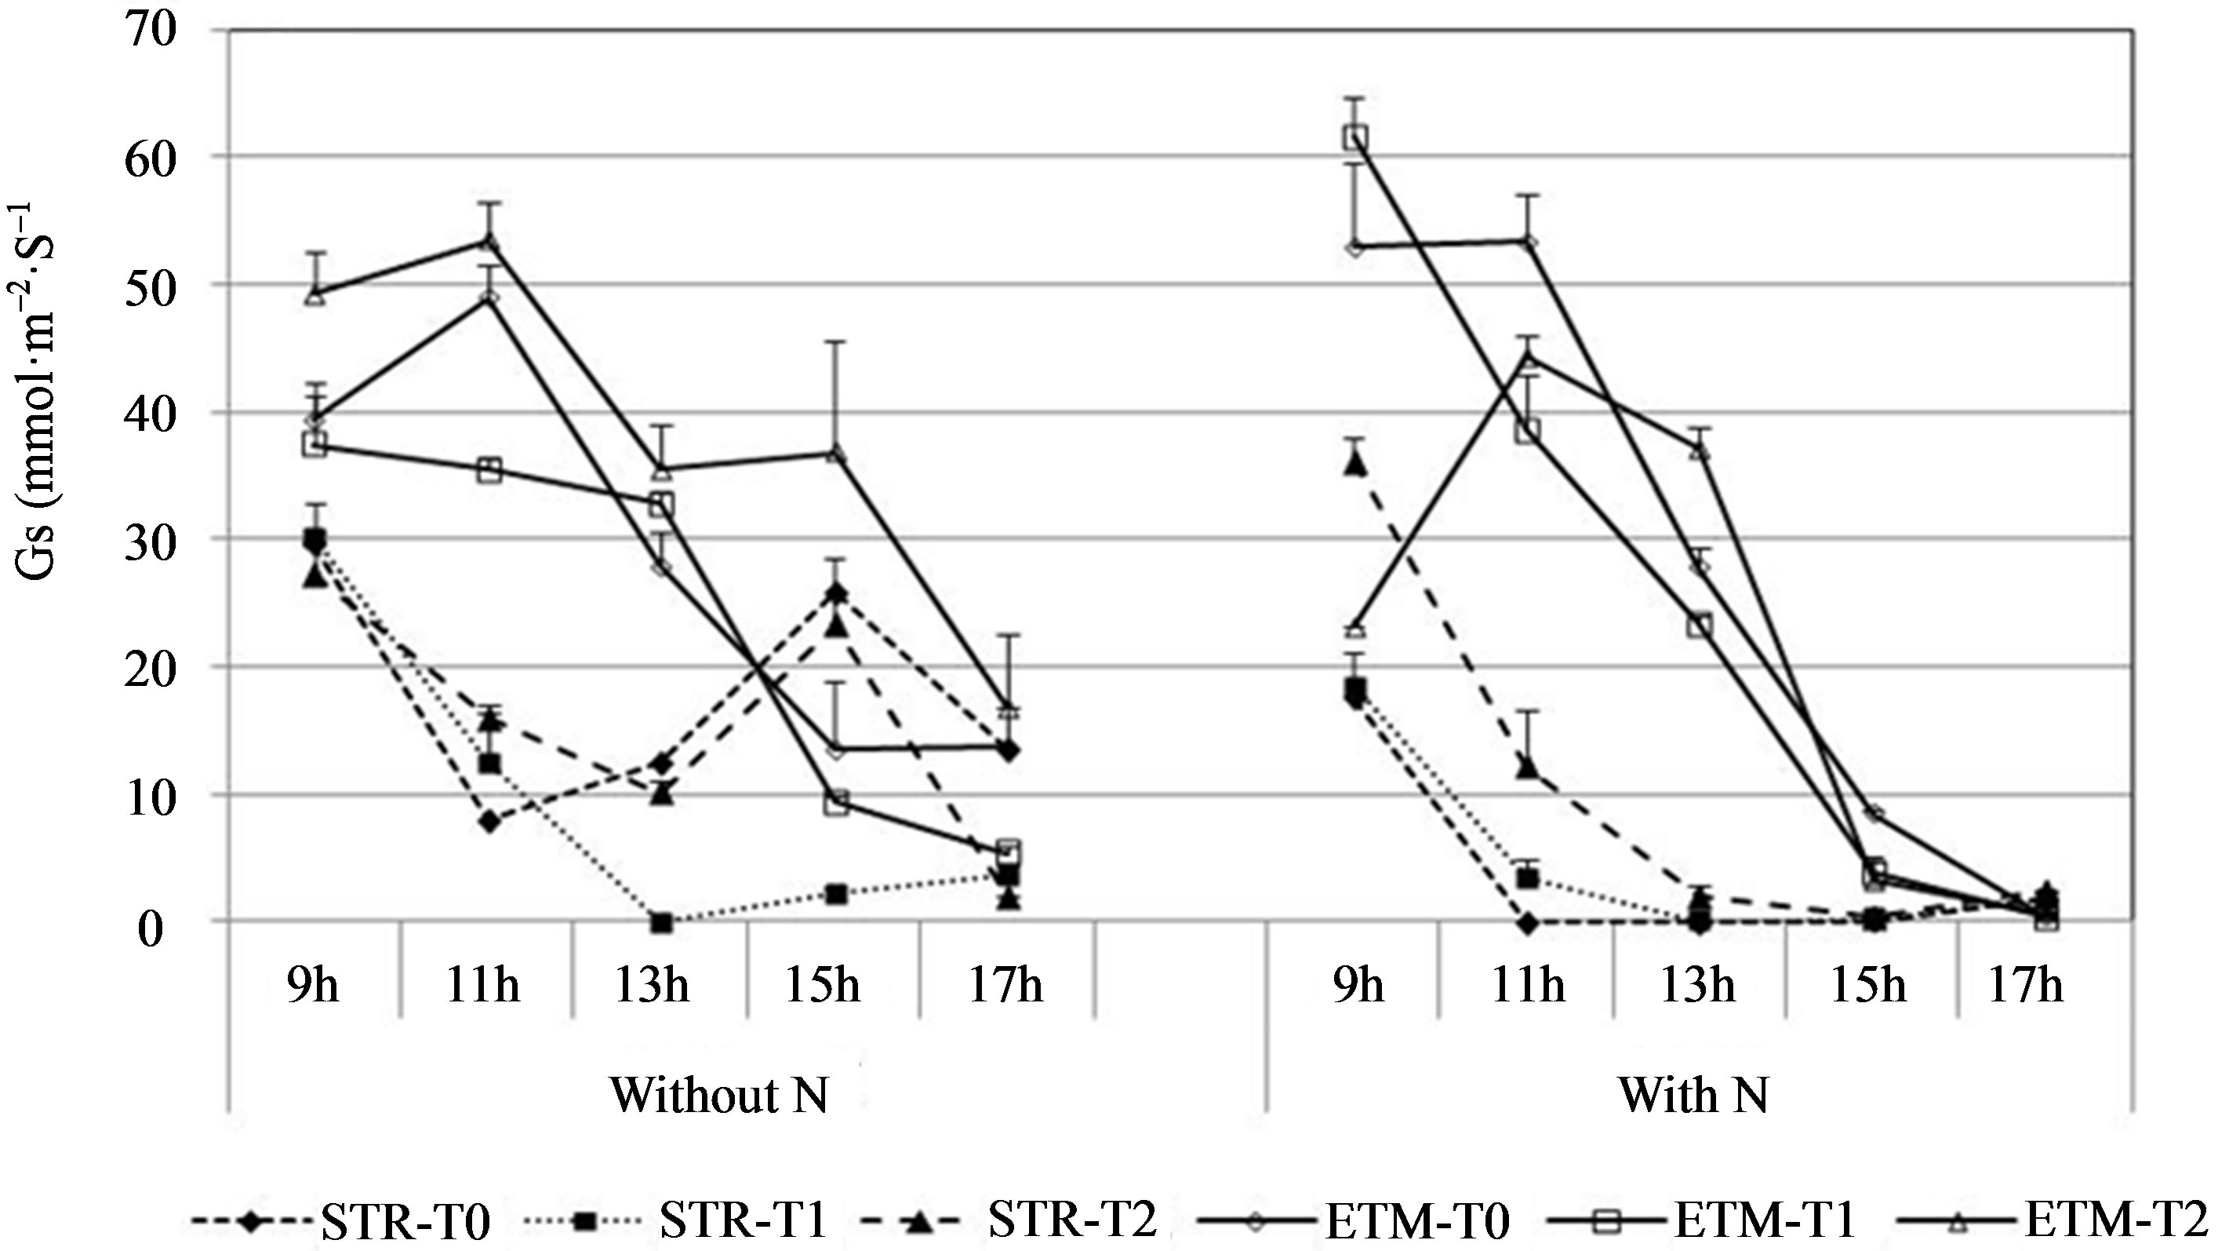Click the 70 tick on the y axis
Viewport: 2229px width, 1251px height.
pyautogui.click(x=151, y=30)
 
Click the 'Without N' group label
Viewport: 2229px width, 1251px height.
pyautogui.click(x=720, y=1095)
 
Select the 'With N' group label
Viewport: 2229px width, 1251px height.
pyautogui.click(x=1693, y=1095)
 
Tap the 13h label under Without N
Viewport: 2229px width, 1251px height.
pyautogui.click(x=653, y=984)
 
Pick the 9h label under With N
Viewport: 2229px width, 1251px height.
pyautogui.click(x=1358, y=984)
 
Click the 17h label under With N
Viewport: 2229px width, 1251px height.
pyautogui.click(x=2027, y=984)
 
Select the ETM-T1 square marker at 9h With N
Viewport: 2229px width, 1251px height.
pyautogui.click(x=1355, y=137)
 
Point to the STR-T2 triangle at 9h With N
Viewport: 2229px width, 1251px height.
pyautogui.click(x=1355, y=464)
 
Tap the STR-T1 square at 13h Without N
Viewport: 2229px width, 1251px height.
pyautogui.click(x=661, y=923)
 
